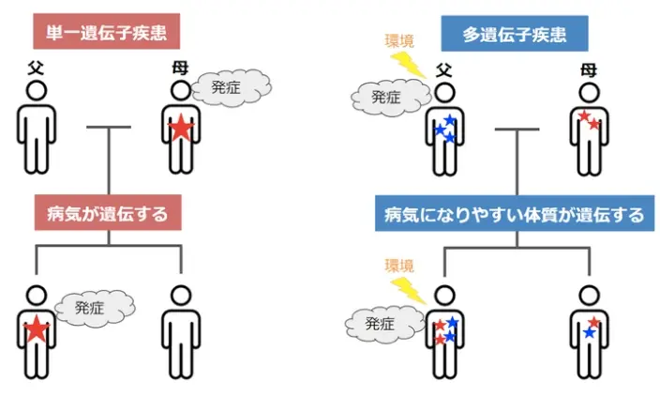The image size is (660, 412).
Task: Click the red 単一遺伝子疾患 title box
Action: point(105,32)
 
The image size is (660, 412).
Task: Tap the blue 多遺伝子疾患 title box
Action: point(512,36)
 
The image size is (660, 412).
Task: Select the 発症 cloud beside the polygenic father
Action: point(386,96)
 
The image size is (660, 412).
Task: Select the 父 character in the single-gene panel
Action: point(36,68)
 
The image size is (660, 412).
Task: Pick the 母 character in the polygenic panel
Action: point(588,69)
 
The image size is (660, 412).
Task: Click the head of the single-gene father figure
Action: point(36,91)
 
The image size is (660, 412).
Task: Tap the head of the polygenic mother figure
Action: point(588,92)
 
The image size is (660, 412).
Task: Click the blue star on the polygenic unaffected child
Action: point(589,333)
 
